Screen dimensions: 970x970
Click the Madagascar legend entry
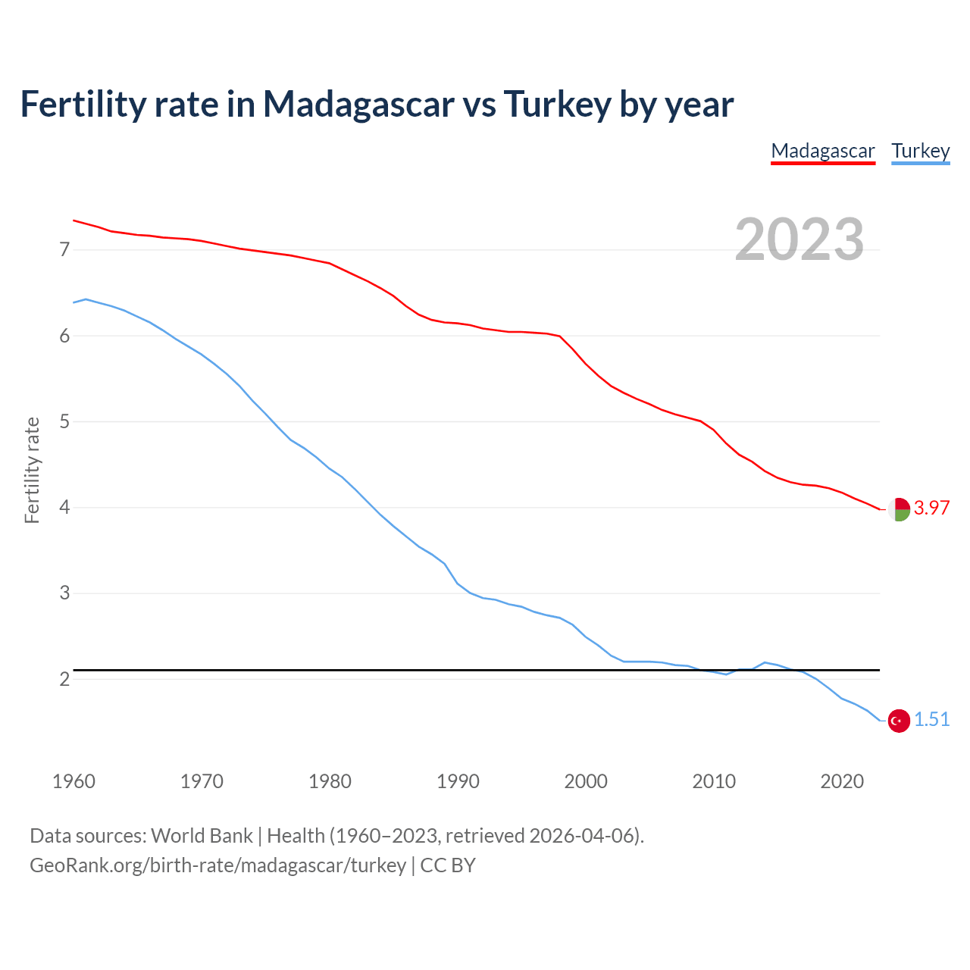tap(823, 151)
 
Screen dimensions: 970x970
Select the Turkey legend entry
tap(920, 151)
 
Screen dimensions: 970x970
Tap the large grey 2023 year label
tap(799, 239)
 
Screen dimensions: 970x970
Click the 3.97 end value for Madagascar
tap(931, 508)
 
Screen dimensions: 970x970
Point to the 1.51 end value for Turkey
tap(931, 719)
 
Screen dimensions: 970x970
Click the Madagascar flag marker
tap(899, 509)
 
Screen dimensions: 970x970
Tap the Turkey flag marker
tap(899, 721)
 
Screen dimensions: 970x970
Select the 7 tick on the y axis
tap(64, 249)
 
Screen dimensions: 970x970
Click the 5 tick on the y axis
tap(64, 421)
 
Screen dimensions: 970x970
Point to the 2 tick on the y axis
tap(64, 679)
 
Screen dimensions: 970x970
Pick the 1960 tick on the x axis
tap(74, 781)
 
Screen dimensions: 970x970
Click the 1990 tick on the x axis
tap(458, 781)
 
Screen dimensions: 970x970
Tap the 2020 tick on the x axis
tap(842, 781)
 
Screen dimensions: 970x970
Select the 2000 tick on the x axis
tap(586, 781)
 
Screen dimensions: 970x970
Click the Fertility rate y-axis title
tap(32, 470)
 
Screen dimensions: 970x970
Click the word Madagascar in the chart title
tap(358, 104)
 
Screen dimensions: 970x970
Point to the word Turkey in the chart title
tap(557, 104)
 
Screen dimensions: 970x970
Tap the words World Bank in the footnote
tap(202, 836)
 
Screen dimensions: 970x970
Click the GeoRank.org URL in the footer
tap(217, 865)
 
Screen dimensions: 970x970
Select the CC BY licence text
tap(448, 865)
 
